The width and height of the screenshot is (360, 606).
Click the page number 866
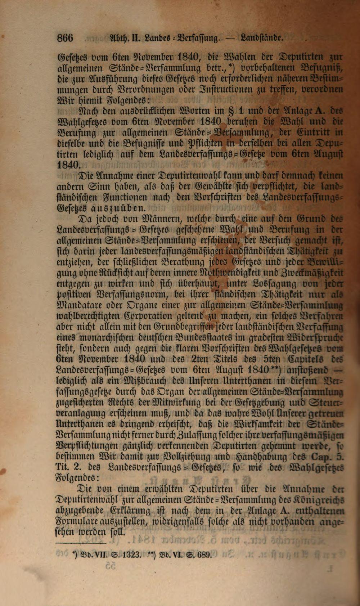65,37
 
